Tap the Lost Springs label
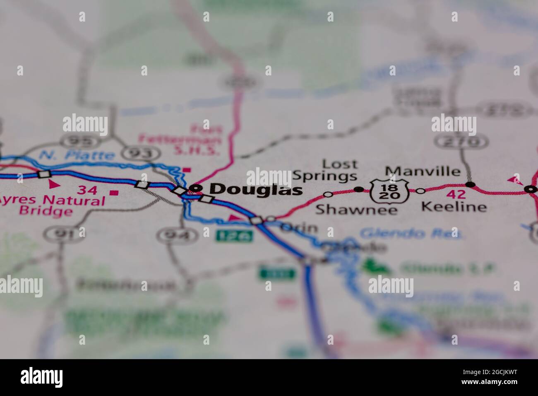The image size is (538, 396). [325, 170]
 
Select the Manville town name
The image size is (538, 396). [422, 171]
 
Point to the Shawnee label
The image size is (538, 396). [356, 209]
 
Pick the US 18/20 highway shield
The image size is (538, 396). [389, 191]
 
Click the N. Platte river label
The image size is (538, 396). [78, 155]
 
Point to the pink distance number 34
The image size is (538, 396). [88, 191]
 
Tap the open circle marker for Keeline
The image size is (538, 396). [420, 191]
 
